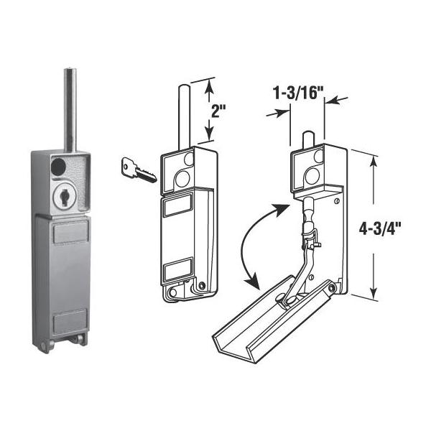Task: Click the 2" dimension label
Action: (x=218, y=110)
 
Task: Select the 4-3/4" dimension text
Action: (x=380, y=228)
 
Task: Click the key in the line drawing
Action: (x=139, y=170)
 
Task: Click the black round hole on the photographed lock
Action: (x=59, y=165)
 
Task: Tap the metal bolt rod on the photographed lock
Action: (x=70, y=108)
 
